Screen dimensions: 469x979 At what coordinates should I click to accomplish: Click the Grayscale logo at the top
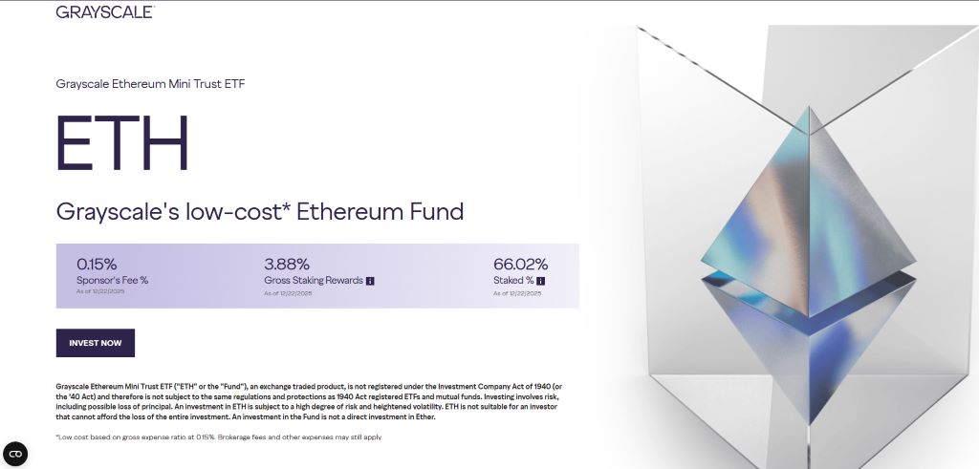(x=104, y=11)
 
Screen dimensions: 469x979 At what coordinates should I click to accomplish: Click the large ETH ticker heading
(x=122, y=143)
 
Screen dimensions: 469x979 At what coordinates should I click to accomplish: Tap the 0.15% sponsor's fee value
(x=98, y=264)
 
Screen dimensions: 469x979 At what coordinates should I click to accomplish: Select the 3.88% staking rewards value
(x=286, y=264)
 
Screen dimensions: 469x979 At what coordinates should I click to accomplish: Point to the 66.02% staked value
(x=520, y=264)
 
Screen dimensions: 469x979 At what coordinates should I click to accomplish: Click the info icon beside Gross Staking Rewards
(x=370, y=281)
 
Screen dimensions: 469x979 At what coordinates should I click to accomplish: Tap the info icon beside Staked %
(x=540, y=281)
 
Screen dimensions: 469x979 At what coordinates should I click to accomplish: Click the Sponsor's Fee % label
(x=112, y=281)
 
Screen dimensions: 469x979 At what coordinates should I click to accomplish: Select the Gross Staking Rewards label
(x=314, y=281)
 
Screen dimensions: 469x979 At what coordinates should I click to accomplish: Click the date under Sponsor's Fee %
(x=100, y=291)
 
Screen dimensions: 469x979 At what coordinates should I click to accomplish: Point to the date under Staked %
(x=517, y=293)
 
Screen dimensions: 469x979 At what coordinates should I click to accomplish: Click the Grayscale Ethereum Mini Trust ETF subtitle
(x=151, y=84)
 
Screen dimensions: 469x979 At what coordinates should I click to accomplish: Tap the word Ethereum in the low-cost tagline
(x=341, y=211)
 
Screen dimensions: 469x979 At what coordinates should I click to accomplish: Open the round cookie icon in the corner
(x=15, y=454)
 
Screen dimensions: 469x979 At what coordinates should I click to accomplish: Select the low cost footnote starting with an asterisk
(x=219, y=437)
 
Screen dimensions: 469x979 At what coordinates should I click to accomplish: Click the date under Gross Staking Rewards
(x=288, y=293)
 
